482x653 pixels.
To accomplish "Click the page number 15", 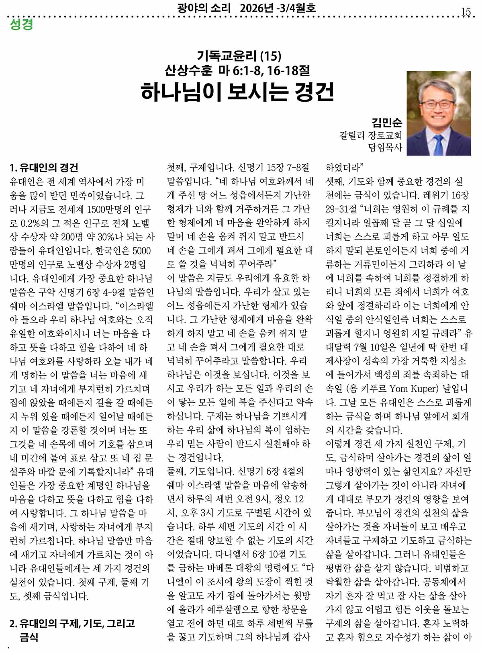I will click(x=466, y=12).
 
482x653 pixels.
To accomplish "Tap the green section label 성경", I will click(x=21, y=24).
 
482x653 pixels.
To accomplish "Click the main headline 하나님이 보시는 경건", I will click(x=237, y=92).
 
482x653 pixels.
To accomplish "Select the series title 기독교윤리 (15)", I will click(x=239, y=56).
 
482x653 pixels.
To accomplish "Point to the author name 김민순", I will click(x=387, y=122).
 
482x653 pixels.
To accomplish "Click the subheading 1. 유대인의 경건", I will click(x=44, y=168).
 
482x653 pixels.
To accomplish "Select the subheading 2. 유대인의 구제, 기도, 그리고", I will click(x=72, y=623).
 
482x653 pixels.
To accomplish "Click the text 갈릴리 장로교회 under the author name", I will click(x=370, y=135).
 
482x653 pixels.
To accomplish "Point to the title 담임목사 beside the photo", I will click(x=385, y=147).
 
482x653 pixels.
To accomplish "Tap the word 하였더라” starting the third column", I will click(x=344, y=168).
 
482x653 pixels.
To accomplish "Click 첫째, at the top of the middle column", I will click(x=177, y=168).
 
